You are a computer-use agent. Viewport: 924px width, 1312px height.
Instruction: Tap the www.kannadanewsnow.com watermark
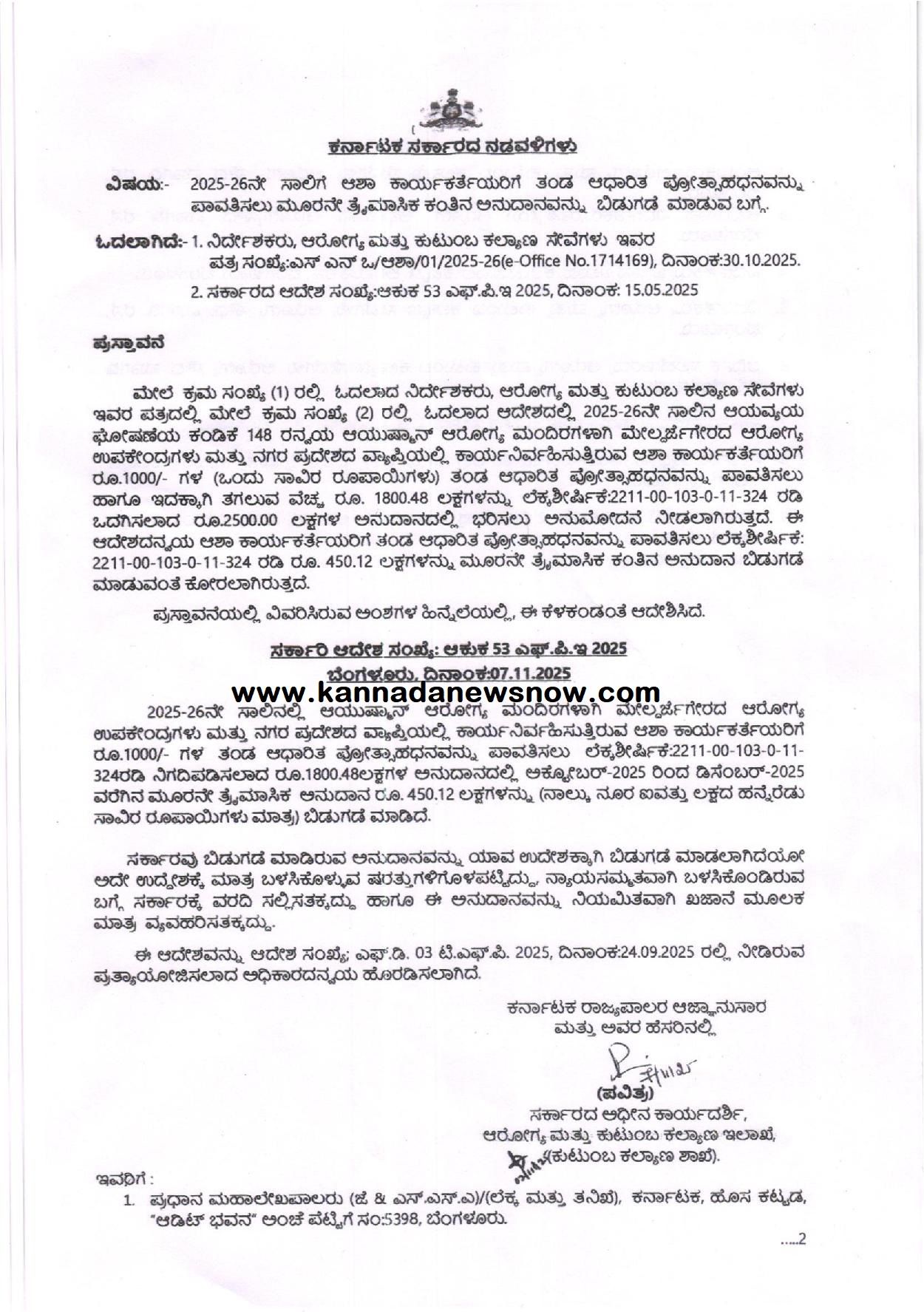coord(446,693)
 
